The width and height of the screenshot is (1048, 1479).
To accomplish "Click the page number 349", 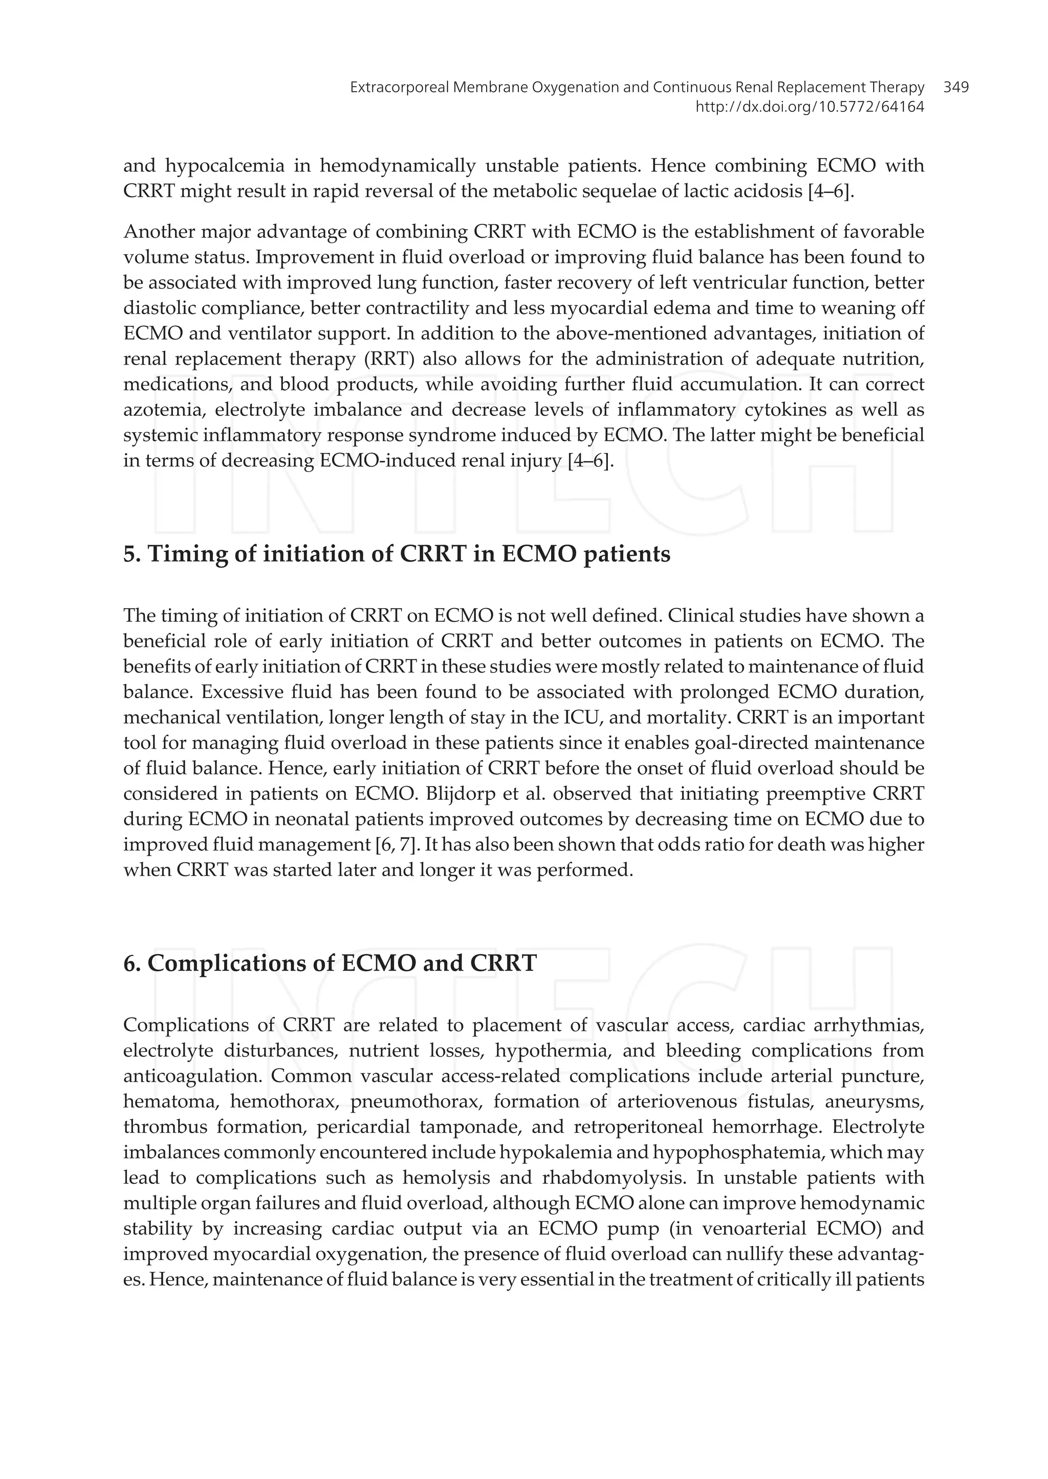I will (x=956, y=87).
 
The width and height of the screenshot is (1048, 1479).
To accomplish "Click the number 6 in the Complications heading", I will (x=128, y=963).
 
